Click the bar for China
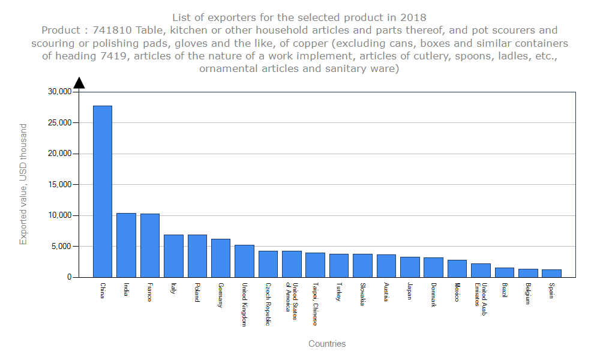tap(103, 191)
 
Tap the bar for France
tap(150, 245)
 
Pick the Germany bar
tap(221, 258)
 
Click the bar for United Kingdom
tap(244, 261)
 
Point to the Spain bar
tap(551, 273)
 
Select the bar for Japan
tap(410, 267)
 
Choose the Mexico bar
tap(457, 268)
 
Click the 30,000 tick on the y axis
tap(59, 92)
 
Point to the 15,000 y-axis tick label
tap(59, 184)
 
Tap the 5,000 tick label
tap(62, 246)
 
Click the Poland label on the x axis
tap(197, 292)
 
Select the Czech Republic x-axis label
tap(268, 304)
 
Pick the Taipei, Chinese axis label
tap(315, 304)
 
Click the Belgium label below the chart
tap(528, 293)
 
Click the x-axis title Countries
tap(327, 344)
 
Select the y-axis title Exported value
tap(23, 184)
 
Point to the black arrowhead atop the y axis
tap(79, 83)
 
